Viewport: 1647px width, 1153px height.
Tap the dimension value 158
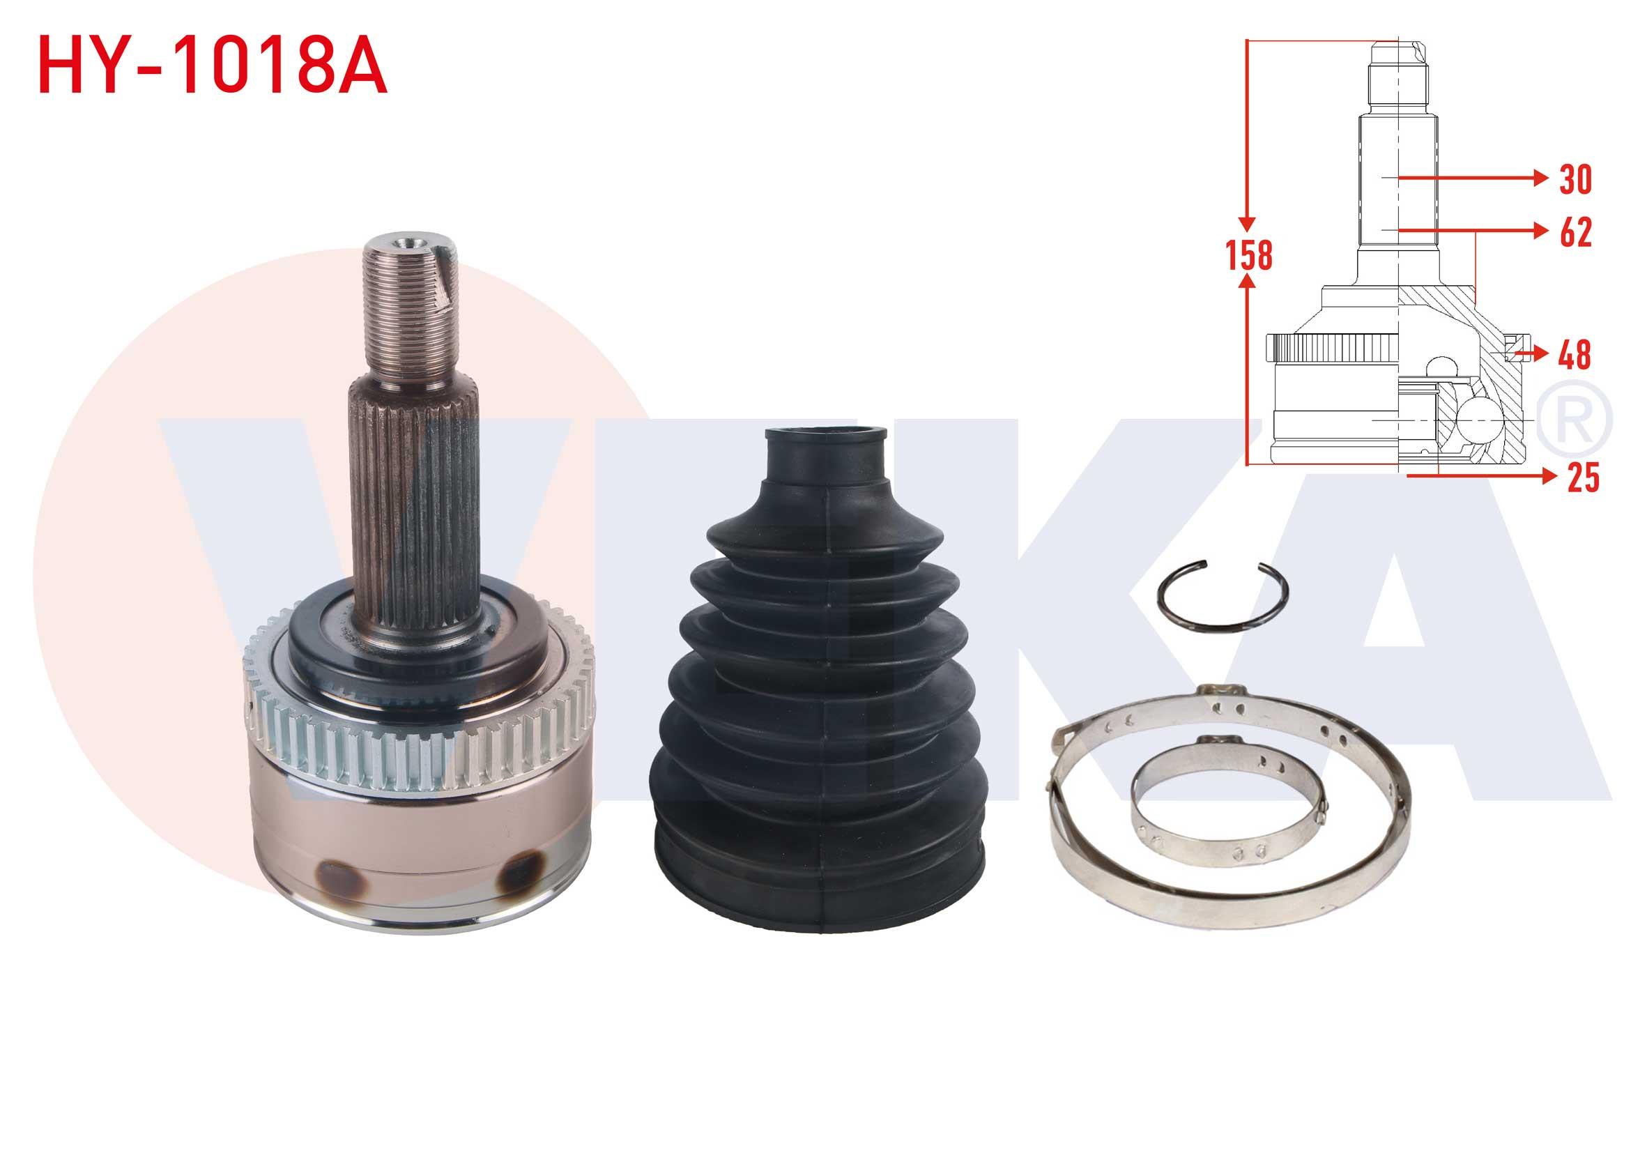pyautogui.click(x=1250, y=255)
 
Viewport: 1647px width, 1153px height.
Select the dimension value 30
pyautogui.click(x=1575, y=179)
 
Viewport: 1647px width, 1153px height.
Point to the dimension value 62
pyautogui.click(x=1575, y=231)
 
